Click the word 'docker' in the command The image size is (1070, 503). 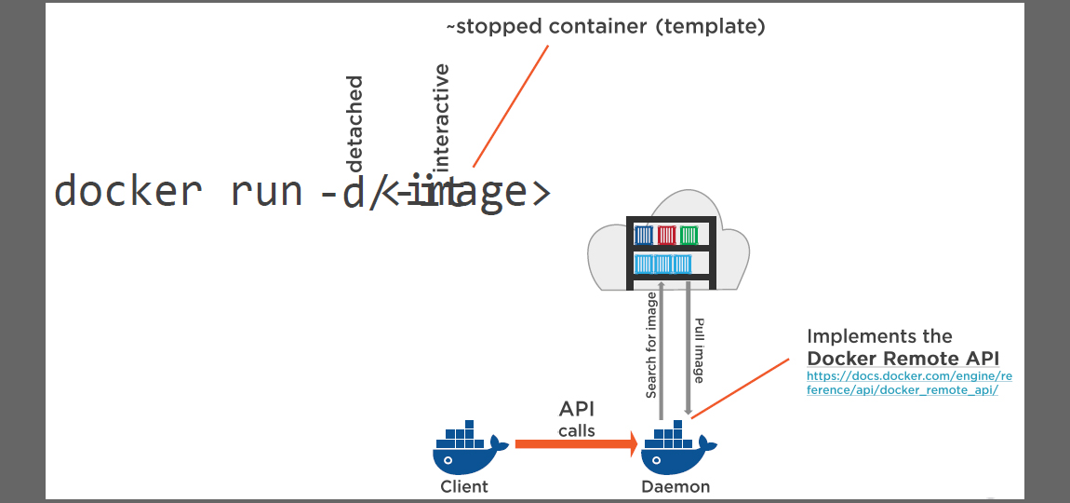click(x=127, y=191)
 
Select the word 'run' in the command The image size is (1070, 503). click(x=265, y=191)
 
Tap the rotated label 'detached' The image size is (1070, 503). click(x=354, y=125)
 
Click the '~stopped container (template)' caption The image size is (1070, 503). click(x=605, y=26)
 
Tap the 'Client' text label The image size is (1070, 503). click(x=464, y=486)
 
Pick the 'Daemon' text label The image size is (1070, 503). click(x=675, y=486)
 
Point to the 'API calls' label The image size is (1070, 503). click(x=577, y=418)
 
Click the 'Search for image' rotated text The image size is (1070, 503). click(x=651, y=345)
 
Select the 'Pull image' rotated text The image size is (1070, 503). click(x=699, y=350)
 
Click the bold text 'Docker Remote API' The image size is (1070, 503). click(x=903, y=359)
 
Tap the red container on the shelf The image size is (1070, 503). click(x=667, y=235)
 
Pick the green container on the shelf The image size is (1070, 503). click(x=689, y=235)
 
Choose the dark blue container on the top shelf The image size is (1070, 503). click(x=643, y=235)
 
